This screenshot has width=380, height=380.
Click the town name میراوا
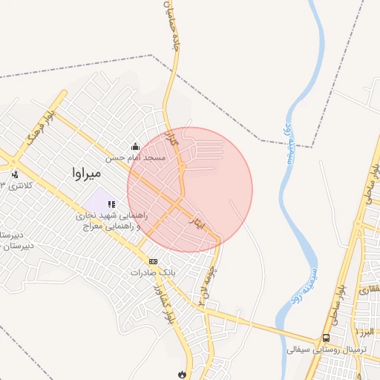pos(86,173)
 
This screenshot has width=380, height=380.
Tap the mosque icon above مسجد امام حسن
pos(135,146)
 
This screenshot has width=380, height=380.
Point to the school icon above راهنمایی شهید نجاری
pos(111,204)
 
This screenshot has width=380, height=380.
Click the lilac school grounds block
pos(95,200)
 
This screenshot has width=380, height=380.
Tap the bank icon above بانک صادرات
pos(153,261)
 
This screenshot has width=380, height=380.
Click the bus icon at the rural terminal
pos(326,338)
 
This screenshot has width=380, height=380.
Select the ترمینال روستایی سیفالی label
pos(326,349)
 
